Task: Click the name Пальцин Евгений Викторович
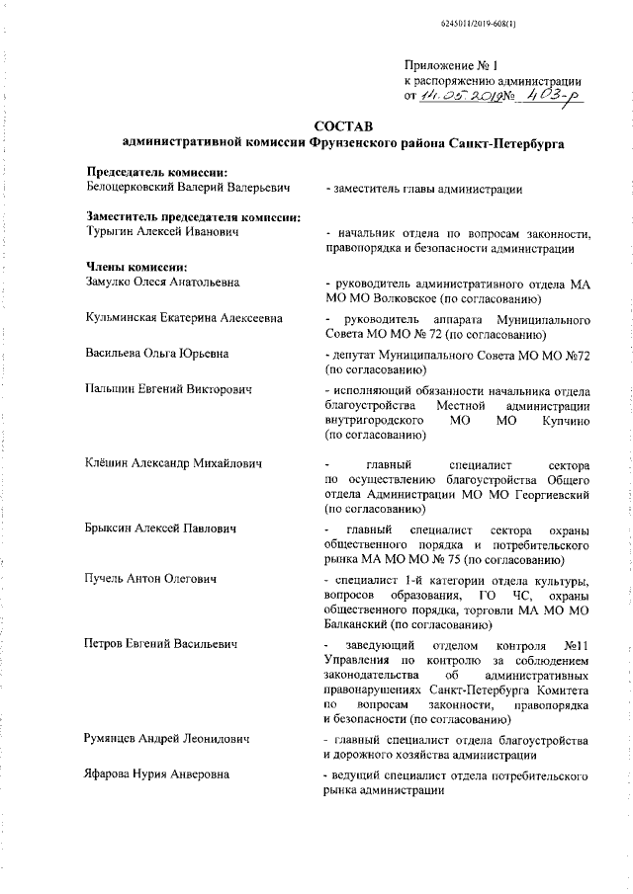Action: pyautogui.click(x=168, y=389)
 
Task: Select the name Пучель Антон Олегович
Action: pyautogui.click(x=151, y=577)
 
